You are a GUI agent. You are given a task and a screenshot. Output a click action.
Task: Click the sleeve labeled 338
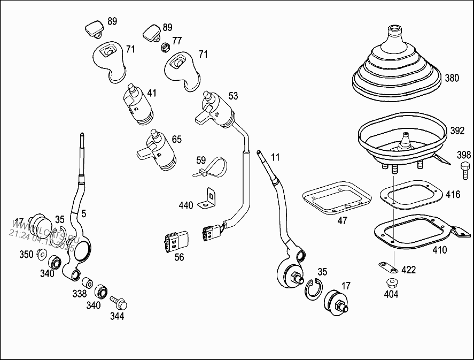pos(87,281)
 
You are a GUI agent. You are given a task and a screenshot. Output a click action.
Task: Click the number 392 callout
pos(457,131)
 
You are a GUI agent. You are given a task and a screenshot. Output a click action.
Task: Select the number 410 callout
pos(440,250)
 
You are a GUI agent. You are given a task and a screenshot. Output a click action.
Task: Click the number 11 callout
pos(275,157)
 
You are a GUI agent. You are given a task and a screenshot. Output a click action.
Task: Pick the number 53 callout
pos(233,96)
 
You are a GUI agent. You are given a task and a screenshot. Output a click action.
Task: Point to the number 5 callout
pos(83,213)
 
